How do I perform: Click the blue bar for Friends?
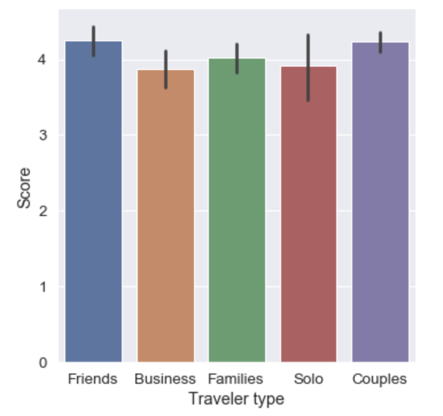point(94,201)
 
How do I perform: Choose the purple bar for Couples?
point(380,202)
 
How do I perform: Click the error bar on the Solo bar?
point(308,67)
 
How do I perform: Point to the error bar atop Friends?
point(94,41)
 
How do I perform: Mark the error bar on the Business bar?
point(166,70)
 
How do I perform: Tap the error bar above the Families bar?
point(237,58)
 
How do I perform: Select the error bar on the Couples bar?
point(380,42)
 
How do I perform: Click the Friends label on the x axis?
point(92,379)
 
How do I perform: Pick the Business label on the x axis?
point(165,379)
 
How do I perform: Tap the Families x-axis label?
point(236,379)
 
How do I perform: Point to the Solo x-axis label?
point(308,379)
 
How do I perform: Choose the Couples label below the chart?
point(379,379)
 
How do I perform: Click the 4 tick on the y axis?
point(44,60)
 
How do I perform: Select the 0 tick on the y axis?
point(44,363)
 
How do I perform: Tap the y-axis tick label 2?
point(44,211)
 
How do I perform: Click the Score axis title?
point(24,188)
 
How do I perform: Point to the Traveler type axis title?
point(236,398)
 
